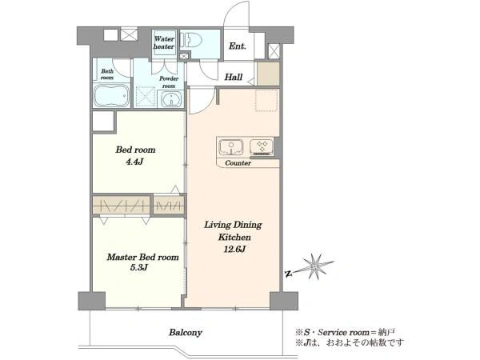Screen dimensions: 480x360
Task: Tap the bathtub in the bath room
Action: click(x=112, y=96)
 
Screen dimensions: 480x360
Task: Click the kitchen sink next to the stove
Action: click(x=231, y=147)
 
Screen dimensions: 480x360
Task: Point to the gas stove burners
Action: click(x=262, y=146)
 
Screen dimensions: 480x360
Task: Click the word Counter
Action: click(x=238, y=163)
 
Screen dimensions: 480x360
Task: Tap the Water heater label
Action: click(x=164, y=42)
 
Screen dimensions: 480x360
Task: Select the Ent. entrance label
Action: click(x=238, y=46)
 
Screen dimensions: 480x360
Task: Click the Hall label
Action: click(x=234, y=77)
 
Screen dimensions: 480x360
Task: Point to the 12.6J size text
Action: click(x=234, y=249)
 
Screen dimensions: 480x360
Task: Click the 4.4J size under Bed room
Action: click(x=134, y=162)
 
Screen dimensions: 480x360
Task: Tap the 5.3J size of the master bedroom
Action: click(x=139, y=267)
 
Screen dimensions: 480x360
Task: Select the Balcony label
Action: click(x=186, y=333)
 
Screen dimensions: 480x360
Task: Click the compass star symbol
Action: click(x=314, y=267)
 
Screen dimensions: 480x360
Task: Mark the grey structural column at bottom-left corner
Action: click(x=91, y=301)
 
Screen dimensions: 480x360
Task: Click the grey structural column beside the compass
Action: click(x=284, y=301)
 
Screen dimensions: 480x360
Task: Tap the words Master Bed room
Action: click(x=142, y=257)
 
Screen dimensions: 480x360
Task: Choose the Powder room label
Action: click(x=169, y=82)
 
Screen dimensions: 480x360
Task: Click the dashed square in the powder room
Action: click(x=146, y=97)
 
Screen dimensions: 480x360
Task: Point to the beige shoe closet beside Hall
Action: click(x=268, y=74)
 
